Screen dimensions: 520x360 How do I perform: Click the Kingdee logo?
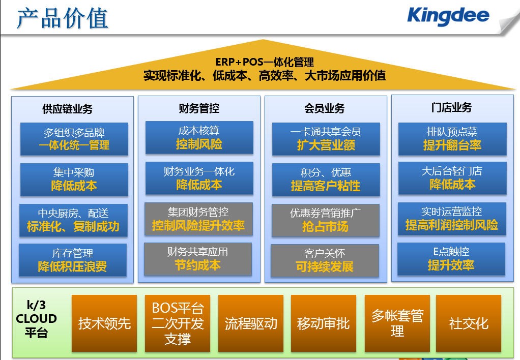pos(448,17)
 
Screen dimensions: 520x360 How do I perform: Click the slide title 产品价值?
pos(63,18)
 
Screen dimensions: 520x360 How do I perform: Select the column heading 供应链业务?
pos(67,109)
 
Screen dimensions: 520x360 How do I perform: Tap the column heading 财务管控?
pos(199,108)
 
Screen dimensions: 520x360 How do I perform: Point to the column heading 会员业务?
pos(324,108)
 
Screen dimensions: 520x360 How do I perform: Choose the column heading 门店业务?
pos(451,107)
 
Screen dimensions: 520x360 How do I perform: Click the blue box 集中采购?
pos(74,179)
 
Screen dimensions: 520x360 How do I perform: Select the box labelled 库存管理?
pos(73,260)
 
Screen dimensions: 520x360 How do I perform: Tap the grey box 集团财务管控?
pos(198,219)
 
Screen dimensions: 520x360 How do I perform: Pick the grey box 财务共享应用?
pos(198,259)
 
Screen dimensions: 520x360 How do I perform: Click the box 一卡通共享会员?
pos(326,139)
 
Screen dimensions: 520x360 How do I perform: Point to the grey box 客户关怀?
pos(325,260)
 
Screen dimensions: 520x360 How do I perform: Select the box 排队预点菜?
pos(452,139)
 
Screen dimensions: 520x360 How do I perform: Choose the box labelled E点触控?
pos(451,259)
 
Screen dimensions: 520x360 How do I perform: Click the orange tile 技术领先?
pos(104,323)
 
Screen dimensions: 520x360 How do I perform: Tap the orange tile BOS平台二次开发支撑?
pos(178,323)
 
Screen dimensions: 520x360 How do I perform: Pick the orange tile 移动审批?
pos(323,323)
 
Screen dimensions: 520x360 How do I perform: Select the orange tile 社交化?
pos(468,323)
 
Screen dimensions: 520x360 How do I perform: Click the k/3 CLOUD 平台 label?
pos(37,319)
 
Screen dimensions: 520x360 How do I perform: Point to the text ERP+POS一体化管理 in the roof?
pos(264,62)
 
